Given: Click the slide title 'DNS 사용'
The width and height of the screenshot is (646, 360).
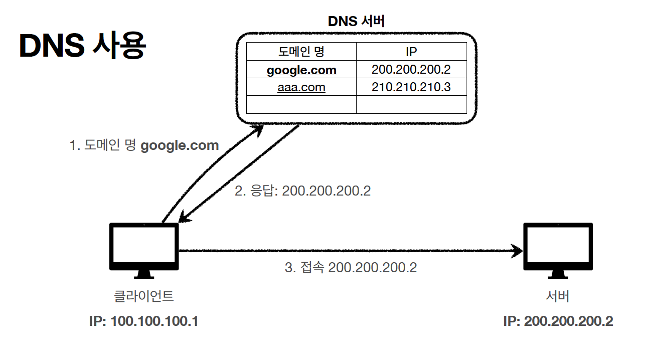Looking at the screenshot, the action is point(82,46).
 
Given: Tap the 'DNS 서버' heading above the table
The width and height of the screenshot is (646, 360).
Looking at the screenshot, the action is point(356,21).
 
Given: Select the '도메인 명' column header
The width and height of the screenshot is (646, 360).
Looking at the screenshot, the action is point(301,52).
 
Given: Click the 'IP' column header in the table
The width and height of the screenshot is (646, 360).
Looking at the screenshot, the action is point(411,52).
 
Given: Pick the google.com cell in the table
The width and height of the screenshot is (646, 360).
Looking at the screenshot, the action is point(301,70).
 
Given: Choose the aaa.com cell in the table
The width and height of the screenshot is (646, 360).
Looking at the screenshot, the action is point(301,87).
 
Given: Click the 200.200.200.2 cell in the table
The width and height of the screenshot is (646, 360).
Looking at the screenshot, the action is point(411,70).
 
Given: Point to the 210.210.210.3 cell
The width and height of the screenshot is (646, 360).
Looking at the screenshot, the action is point(411,87).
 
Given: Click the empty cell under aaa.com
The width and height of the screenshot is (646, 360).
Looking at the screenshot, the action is point(301,104).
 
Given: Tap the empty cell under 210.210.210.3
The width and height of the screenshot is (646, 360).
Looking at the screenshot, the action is point(411,104).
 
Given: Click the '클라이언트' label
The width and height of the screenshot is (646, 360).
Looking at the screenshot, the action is point(144,296).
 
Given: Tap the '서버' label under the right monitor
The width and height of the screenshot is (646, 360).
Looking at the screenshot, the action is point(558,296).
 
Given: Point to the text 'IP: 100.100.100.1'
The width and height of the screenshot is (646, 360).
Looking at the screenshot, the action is point(143,321).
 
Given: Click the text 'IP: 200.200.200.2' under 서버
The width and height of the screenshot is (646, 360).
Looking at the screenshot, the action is point(558,321).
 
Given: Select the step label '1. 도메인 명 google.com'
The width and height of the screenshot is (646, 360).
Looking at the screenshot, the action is point(144,146).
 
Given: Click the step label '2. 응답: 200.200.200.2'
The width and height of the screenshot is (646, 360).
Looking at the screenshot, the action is point(302,191).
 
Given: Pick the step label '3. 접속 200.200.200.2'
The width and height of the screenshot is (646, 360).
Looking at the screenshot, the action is point(351,267).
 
